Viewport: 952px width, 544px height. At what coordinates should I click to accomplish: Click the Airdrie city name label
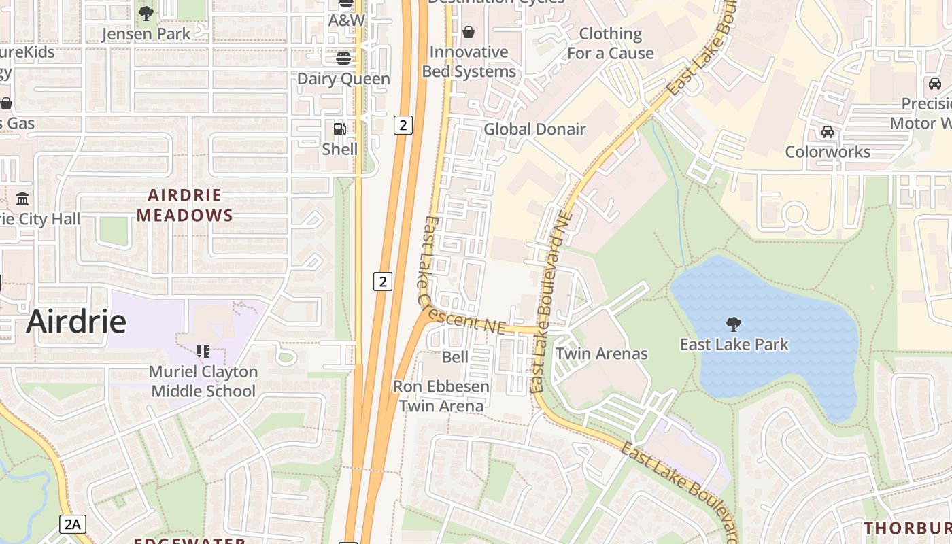coord(76,321)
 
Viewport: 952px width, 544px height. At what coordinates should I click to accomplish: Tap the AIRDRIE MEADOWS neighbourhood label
coord(185,205)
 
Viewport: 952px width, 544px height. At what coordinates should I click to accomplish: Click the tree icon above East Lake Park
coord(733,324)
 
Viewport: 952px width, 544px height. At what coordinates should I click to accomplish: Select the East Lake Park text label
coord(734,344)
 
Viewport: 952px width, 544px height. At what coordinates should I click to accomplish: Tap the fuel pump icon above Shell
coord(339,129)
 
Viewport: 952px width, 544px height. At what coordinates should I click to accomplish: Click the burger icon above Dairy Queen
coord(343,58)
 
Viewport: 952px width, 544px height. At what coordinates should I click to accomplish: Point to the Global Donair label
coord(534,129)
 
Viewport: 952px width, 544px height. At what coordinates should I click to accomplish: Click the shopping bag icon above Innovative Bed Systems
coord(469,32)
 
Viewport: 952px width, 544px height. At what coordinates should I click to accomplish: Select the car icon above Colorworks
coord(827,131)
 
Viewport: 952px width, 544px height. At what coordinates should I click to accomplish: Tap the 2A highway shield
coord(73,524)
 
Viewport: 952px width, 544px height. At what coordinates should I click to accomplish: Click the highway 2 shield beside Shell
coord(403,124)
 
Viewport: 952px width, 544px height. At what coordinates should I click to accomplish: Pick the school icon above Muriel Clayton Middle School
coord(203,352)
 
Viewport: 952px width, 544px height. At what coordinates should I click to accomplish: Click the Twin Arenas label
coord(602,354)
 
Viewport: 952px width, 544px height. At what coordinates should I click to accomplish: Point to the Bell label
coord(455,357)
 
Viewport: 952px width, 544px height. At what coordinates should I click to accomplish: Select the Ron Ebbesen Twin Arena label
coord(441,396)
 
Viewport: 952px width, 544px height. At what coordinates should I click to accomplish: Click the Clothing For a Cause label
coord(610,44)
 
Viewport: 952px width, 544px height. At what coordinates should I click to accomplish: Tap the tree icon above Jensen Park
coord(146,13)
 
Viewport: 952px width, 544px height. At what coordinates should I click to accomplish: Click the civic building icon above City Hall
coord(22,199)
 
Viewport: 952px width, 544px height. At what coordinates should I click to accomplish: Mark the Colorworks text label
coord(828,152)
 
